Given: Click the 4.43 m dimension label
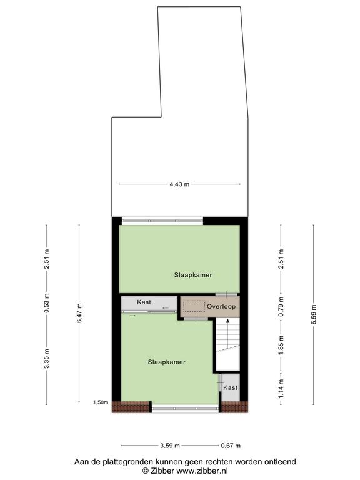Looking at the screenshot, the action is tap(179, 184).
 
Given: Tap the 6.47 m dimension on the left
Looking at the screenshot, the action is tap(79, 313).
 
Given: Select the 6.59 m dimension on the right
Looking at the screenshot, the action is tap(314, 315).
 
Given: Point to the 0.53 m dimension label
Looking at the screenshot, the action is tap(46, 303).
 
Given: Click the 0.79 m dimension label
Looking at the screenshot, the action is tap(281, 306).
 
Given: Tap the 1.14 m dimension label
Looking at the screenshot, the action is tap(281, 389).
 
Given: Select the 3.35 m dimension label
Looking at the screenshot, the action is tap(46, 359).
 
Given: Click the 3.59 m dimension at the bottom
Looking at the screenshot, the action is tap(170, 446).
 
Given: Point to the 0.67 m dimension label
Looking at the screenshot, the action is tap(231, 446).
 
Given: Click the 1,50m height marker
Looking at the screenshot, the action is tap(101, 402).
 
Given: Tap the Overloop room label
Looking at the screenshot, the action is tap(221, 306).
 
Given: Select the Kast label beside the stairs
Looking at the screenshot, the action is tap(231, 387).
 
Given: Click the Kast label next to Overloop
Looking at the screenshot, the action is tap(144, 302).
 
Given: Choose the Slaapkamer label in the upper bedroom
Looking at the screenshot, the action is tap(193, 275).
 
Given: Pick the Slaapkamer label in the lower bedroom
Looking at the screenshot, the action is tap(167, 362).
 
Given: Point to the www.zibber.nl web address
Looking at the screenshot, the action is tap(202, 471).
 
